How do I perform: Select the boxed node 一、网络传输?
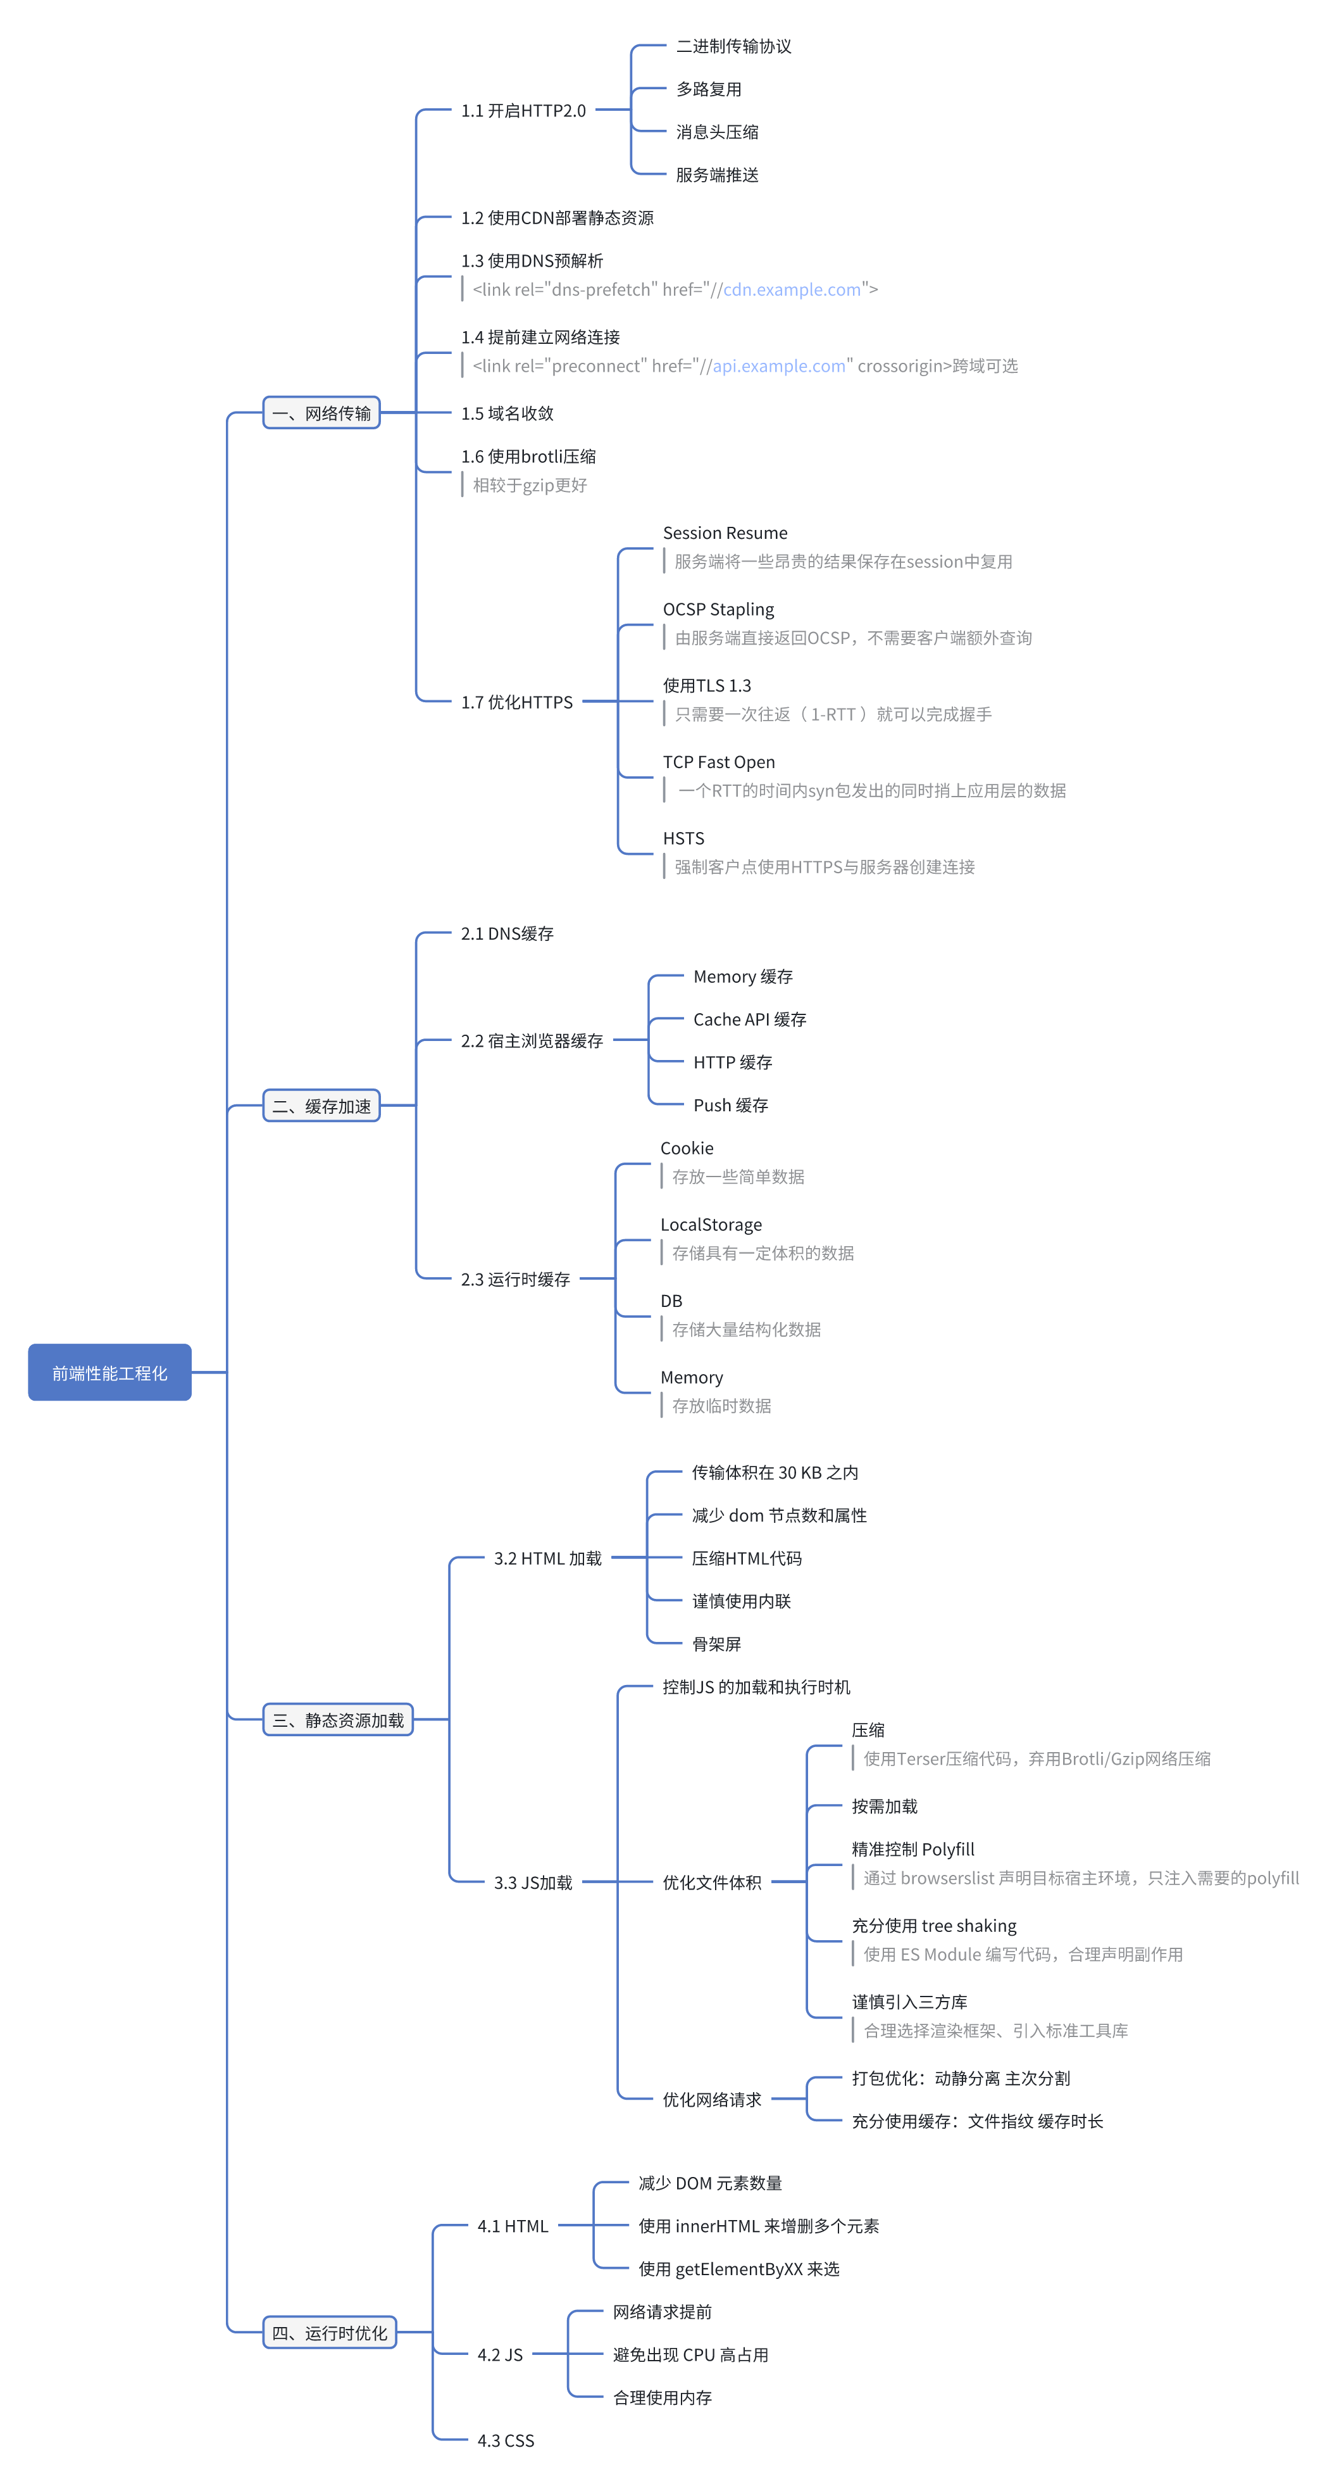click(321, 413)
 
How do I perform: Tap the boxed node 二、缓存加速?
click(321, 1106)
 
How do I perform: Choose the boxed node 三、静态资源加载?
click(338, 1720)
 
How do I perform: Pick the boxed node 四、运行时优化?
click(329, 2333)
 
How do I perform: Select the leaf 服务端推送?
click(717, 175)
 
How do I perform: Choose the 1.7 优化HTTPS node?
click(516, 702)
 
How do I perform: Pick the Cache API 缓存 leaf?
click(750, 1019)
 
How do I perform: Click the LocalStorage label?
click(711, 1225)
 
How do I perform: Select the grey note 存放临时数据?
click(721, 1406)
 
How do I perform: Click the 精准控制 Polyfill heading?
click(912, 1849)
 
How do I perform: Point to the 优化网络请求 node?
click(711, 2099)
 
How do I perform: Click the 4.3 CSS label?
click(506, 2440)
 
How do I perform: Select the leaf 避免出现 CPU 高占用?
click(691, 2355)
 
